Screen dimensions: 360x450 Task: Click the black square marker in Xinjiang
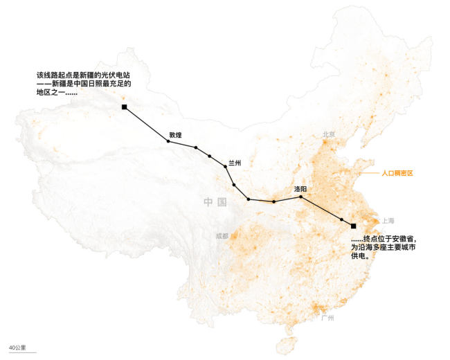[x=124, y=107]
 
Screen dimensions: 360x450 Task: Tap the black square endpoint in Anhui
[x=353, y=226]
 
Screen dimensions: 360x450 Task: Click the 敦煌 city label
[x=175, y=135]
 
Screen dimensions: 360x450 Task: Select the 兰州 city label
[x=235, y=163]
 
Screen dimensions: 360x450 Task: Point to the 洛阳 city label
[x=301, y=189]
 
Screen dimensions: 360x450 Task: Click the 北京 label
[x=328, y=134]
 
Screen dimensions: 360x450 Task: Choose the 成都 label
[x=222, y=236]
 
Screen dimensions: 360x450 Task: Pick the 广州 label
[x=327, y=318]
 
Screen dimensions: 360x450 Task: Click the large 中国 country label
[x=215, y=202]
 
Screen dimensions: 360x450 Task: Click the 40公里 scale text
[x=19, y=347]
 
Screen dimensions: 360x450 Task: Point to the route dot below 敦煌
[x=168, y=141]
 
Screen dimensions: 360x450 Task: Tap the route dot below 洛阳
[x=301, y=197]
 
